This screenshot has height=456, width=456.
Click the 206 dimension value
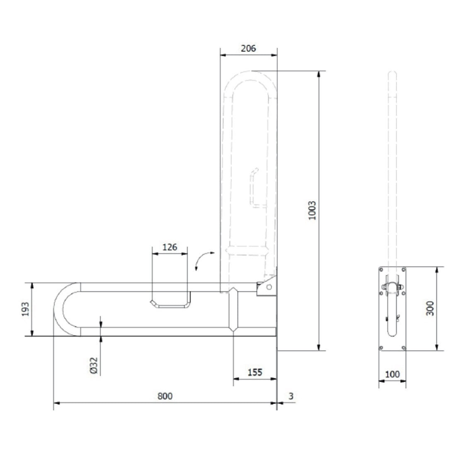coord(248,48)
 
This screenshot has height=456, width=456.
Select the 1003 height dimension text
coord(312,210)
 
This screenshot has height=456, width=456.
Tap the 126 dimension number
coord(170,247)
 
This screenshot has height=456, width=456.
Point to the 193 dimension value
coord(26,309)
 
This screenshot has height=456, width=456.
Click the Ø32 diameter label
coord(94,366)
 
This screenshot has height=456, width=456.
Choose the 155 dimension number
coord(255,372)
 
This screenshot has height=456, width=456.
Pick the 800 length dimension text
coord(165,396)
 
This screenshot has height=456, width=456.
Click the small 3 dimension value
coord(291,396)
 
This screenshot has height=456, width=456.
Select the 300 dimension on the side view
coord(430,308)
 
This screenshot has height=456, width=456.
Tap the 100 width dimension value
coord(392,374)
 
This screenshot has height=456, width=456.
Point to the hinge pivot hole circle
coord(269,287)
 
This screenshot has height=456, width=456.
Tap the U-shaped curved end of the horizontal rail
coord(67,309)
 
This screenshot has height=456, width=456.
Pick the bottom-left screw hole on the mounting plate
coord(381,348)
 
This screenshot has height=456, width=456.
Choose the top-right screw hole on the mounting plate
coord(403,270)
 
